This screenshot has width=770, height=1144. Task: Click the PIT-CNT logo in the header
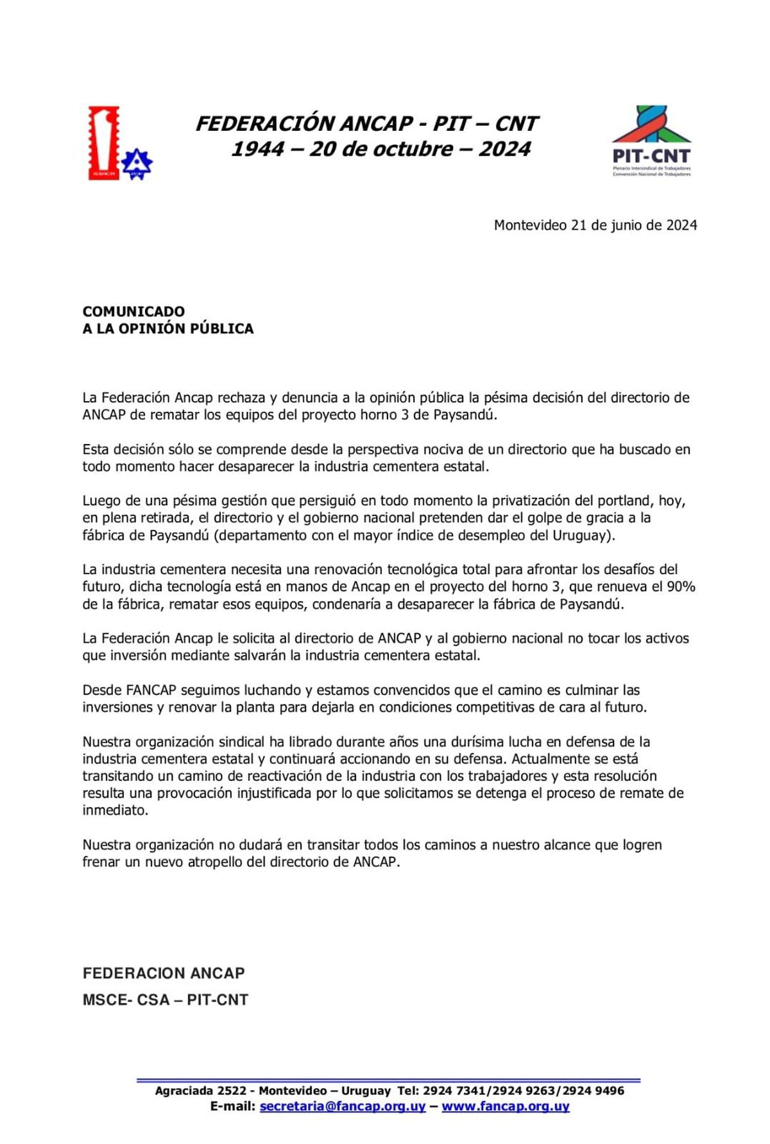point(651,141)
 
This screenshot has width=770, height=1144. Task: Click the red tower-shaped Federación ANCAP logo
point(103,142)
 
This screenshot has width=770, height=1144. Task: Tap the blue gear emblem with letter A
point(137,163)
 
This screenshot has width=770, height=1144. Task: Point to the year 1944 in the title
point(257,149)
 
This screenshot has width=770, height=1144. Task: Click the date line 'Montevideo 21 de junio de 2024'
point(595,225)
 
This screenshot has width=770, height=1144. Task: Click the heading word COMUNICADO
point(133,311)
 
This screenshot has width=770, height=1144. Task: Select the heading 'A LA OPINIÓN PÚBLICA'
point(168,329)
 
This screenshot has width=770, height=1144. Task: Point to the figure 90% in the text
point(681,586)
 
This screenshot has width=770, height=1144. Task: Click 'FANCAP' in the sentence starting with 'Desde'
point(151,690)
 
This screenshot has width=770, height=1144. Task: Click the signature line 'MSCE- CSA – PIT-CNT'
point(165,1000)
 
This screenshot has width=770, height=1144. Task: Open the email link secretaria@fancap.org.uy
point(343,1107)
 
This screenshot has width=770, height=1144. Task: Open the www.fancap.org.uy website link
point(506,1107)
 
